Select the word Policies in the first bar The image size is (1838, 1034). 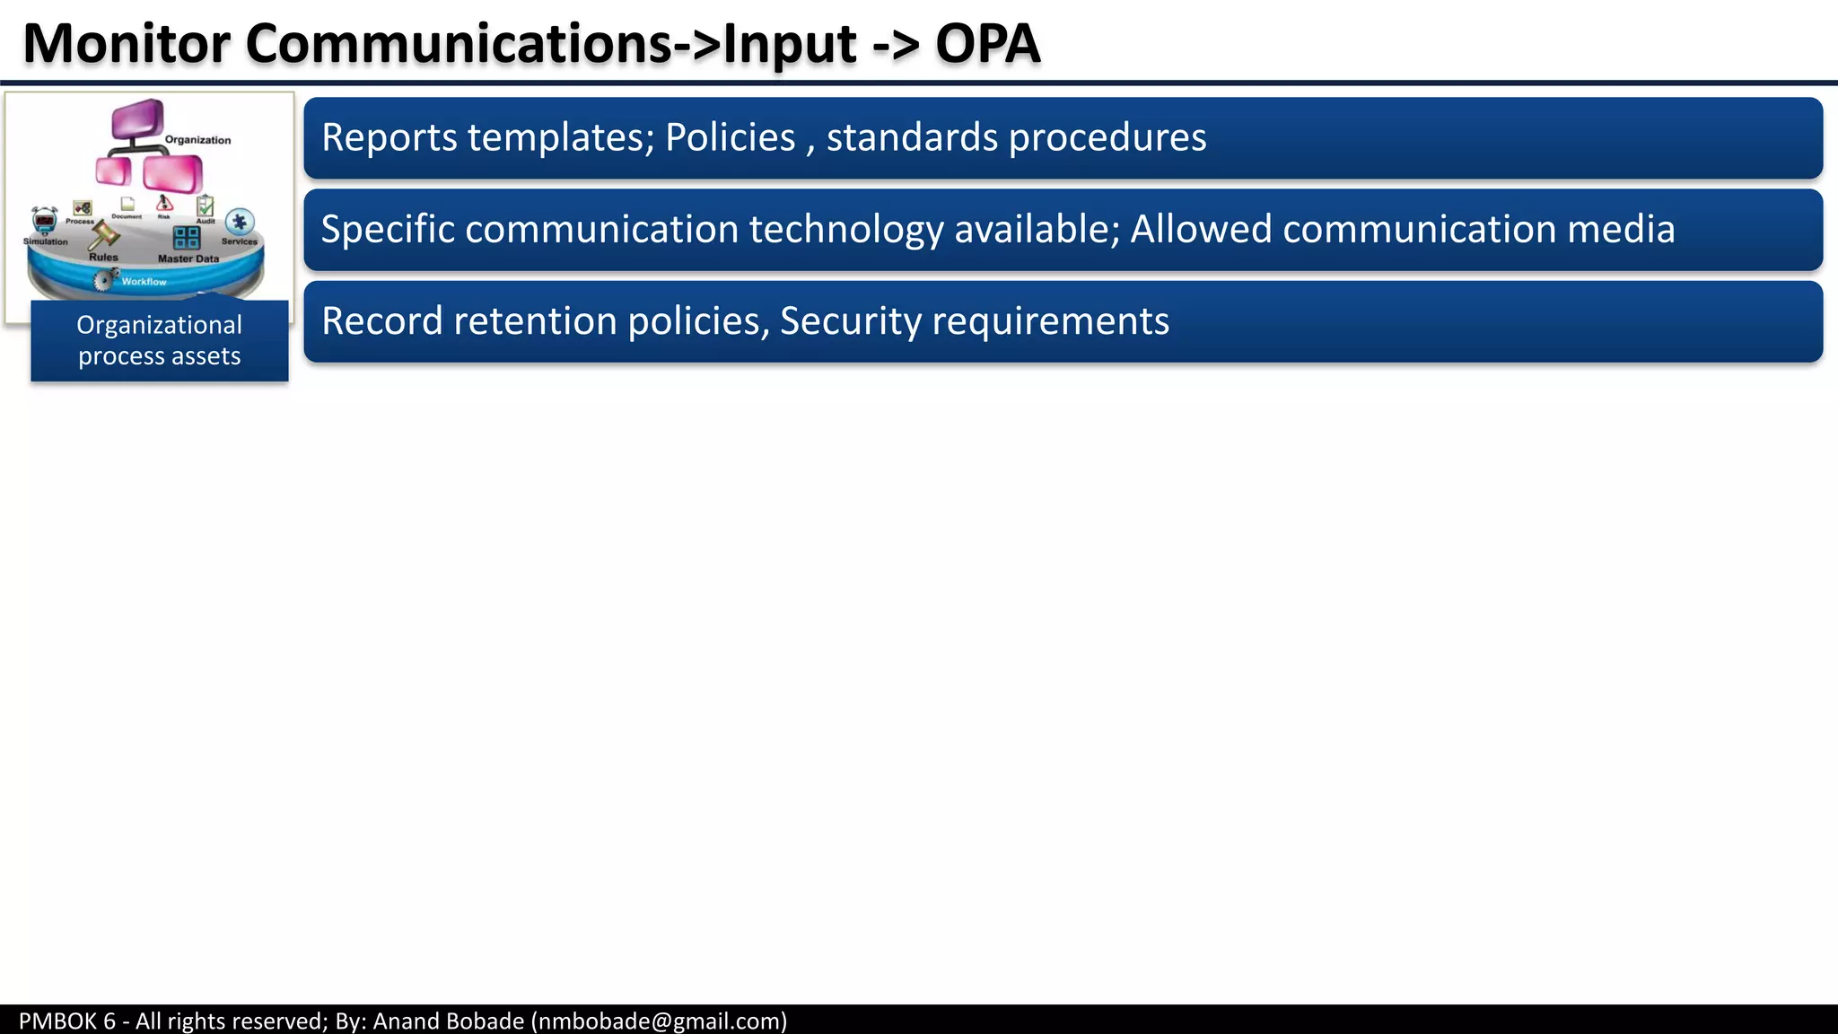click(730, 137)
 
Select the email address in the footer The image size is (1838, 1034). click(659, 1021)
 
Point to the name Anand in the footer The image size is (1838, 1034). click(403, 1021)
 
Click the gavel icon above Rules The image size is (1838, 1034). click(103, 236)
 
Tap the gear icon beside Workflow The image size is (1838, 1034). click(106, 279)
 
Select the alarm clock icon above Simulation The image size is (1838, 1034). click(44, 221)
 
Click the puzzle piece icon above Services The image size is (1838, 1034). click(239, 222)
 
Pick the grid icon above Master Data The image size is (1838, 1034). click(187, 238)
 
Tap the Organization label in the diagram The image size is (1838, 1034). click(197, 140)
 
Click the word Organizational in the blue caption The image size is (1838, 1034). click(159, 325)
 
